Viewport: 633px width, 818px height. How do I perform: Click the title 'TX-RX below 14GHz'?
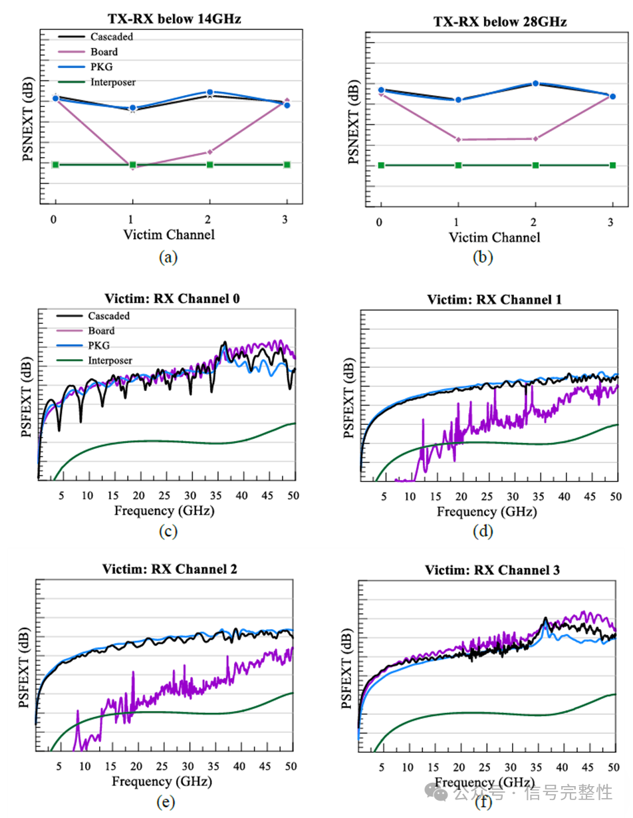(x=174, y=19)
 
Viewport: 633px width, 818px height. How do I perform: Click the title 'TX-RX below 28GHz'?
(x=500, y=21)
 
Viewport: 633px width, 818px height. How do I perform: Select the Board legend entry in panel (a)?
(x=103, y=52)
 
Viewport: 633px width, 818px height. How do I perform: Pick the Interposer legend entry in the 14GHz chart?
(x=112, y=82)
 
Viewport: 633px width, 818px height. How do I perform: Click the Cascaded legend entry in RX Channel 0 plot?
(x=109, y=316)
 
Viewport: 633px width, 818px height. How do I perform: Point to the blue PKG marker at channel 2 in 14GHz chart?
(x=210, y=92)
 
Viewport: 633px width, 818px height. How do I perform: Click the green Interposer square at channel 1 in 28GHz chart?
(x=458, y=165)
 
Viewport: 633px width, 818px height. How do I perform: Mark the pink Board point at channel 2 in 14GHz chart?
(x=210, y=152)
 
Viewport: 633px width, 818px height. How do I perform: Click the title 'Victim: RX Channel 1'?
(x=494, y=300)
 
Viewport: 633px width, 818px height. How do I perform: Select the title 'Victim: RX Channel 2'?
(x=169, y=569)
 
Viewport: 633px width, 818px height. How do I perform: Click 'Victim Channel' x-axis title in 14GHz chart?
(x=169, y=234)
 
